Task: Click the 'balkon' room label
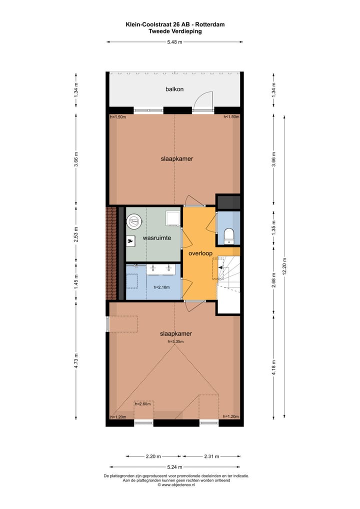174,89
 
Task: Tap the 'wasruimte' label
154,238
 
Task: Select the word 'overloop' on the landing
200,253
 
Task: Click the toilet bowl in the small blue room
229,234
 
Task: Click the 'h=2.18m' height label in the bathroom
162,287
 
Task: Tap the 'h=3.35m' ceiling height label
175,341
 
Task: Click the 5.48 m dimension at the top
174,42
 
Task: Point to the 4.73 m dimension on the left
76,360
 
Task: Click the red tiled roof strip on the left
110,252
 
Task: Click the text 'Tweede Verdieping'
175,31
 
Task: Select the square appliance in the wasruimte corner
172,217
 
